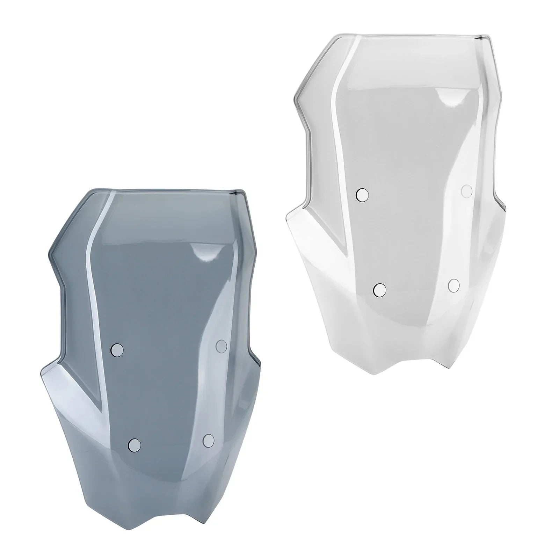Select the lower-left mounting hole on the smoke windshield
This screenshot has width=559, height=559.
coord(135,444)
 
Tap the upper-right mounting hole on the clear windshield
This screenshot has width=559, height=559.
coord(467,191)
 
